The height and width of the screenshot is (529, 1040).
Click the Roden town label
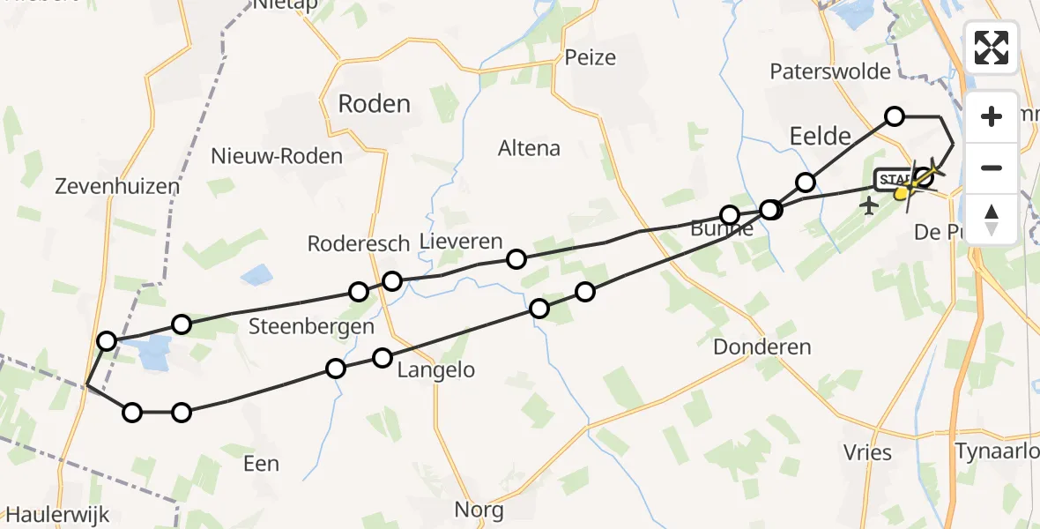point(375,104)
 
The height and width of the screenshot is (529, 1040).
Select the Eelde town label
point(821,136)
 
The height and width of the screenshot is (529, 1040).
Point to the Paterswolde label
point(830,71)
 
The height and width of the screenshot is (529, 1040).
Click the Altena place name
point(529,148)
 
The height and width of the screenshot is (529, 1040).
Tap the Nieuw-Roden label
point(277,157)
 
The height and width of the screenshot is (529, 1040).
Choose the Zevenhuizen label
point(117,187)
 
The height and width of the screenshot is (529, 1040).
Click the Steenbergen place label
point(311,326)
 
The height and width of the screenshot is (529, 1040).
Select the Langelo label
point(435,370)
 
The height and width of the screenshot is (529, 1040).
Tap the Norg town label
point(479,510)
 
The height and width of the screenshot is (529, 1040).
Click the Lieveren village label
point(461,242)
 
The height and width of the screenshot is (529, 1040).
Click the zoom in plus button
point(992,117)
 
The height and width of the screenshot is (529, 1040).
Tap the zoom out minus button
point(992,168)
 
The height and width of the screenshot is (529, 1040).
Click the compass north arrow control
point(992,218)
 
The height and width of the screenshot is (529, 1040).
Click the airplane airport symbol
point(870,206)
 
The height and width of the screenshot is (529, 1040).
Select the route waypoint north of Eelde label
point(895,116)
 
